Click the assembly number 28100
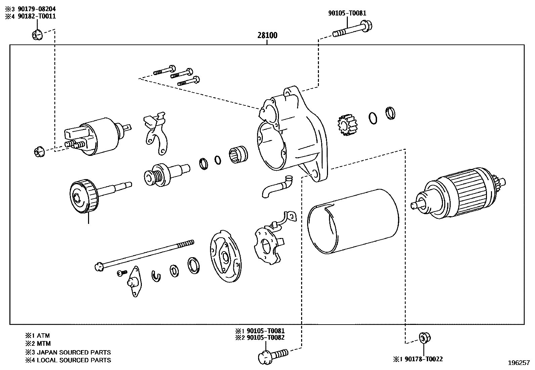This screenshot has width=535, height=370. tap(267, 35)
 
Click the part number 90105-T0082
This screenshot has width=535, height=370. tap(265, 338)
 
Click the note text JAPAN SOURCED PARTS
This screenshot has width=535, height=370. tap(74, 352)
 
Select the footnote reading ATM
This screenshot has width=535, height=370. tap(43, 336)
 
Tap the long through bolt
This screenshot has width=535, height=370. tap(145, 254)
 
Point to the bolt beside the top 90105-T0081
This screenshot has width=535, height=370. tap(353, 29)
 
